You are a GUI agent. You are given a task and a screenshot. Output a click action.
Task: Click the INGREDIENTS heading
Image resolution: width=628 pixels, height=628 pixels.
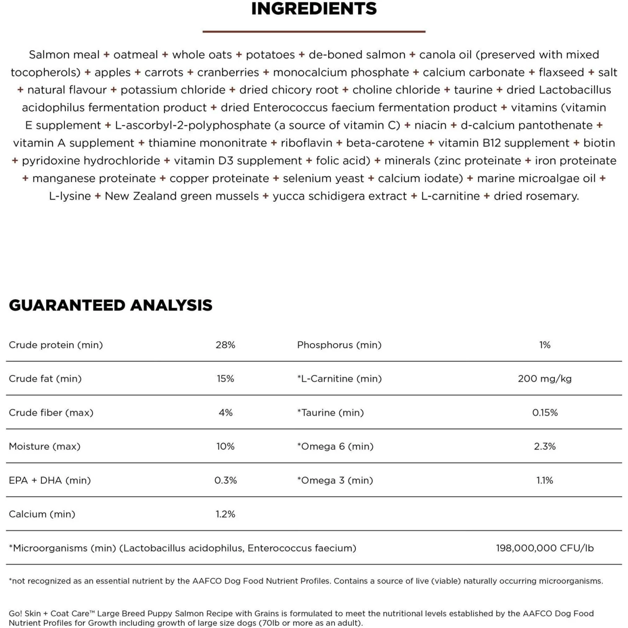314,9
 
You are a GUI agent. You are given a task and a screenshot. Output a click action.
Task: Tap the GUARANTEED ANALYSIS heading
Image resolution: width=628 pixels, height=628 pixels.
111,305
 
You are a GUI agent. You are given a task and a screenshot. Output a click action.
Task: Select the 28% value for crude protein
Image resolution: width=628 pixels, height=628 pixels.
225,345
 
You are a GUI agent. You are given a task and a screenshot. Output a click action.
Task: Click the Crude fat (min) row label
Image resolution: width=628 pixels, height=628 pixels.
45,379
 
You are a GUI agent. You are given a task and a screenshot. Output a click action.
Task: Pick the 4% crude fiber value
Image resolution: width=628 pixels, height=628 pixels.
225,413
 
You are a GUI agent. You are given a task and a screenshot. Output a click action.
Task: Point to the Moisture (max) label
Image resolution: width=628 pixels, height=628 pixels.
44,447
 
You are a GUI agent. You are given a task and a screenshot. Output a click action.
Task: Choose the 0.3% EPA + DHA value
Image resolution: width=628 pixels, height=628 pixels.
225,481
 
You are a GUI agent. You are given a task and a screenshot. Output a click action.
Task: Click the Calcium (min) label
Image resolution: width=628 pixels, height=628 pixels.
42,514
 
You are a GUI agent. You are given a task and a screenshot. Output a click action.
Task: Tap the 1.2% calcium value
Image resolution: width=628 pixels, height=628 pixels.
225,514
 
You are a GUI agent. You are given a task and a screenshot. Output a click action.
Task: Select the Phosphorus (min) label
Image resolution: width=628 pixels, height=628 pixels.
339,345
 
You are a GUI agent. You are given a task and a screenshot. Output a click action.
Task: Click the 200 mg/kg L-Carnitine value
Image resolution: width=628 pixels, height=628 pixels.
544,379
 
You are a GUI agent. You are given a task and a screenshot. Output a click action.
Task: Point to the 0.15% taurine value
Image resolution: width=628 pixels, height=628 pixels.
545,413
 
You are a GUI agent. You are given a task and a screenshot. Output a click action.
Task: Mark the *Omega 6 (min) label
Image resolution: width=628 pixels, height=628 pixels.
335,447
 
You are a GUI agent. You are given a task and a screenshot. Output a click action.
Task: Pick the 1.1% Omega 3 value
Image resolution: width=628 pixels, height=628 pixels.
545,481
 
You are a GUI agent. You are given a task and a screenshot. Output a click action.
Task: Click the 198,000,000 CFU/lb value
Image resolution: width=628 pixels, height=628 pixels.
545,548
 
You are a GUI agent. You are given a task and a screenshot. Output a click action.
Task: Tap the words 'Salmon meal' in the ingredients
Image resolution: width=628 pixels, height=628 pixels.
64,55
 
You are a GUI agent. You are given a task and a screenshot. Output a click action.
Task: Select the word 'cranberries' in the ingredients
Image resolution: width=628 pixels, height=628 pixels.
228,72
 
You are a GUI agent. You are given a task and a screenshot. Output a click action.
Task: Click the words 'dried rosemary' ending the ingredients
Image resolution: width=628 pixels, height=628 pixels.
536,196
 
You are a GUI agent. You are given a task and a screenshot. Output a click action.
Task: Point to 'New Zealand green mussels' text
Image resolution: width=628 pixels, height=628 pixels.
182,196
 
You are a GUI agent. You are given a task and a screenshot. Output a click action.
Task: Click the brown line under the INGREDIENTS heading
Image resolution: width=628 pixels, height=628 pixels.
314,31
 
